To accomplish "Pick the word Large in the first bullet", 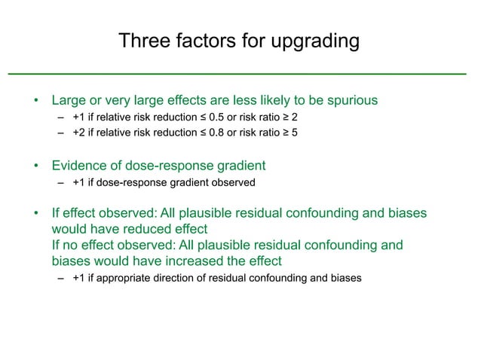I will tap(69, 100).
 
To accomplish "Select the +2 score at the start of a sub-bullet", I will tap(78, 133).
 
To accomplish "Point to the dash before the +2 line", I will tap(60, 134).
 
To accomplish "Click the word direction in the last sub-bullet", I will tap(175, 278).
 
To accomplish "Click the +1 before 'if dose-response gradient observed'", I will tap(78, 182).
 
